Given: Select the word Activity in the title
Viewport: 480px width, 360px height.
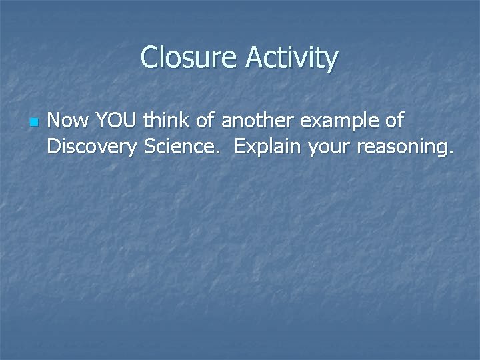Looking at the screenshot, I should (x=291, y=59).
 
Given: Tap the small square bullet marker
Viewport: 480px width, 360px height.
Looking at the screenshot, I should (x=33, y=123).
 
